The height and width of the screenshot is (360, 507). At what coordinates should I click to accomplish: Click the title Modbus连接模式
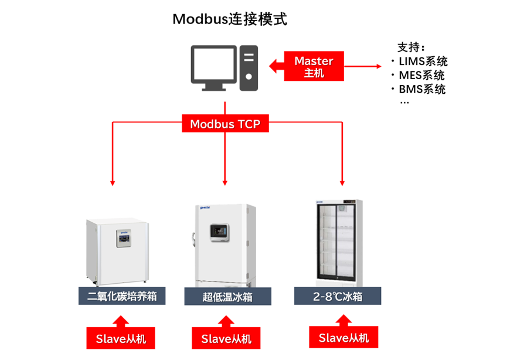tap(230, 19)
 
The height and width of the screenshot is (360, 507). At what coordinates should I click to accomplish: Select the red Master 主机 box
tap(314, 66)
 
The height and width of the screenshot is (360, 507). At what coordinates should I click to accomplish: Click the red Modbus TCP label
tap(225, 124)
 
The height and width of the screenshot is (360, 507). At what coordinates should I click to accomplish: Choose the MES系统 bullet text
tap(421, 75)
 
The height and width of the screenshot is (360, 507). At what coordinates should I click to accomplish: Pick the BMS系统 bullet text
tap(421, 89)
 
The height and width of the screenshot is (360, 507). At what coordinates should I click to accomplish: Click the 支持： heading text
tap(411, 47)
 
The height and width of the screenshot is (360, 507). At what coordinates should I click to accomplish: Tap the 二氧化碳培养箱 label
tap(122, 297)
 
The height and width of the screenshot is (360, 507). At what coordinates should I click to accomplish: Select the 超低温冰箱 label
tap(227, 297)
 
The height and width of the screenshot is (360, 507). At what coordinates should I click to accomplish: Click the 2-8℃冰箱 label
tap(338, 297)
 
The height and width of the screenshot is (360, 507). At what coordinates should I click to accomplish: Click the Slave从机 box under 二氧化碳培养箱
tap(121, 338)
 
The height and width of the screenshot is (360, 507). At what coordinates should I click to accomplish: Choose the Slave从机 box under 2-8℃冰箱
tap(343, 338)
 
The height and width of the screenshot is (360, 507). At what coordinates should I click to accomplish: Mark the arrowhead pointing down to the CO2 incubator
tap(111, 183)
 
